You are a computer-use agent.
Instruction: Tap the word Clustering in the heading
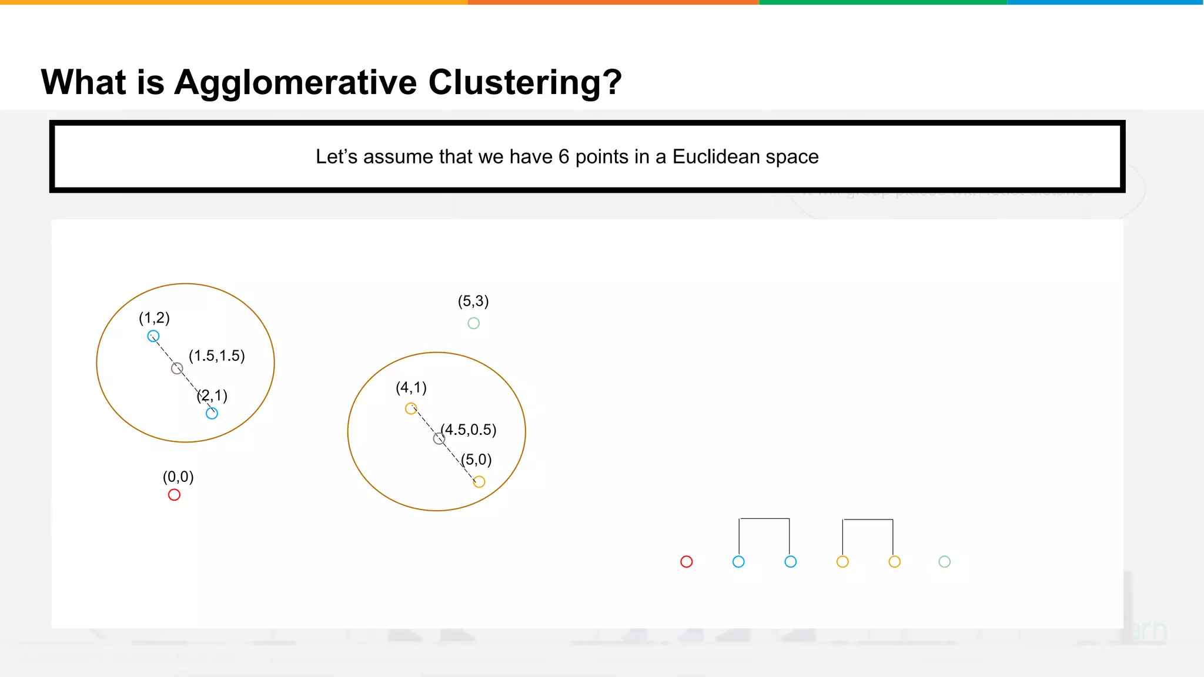(524, 82)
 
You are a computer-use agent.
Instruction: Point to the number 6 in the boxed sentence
(564, 157)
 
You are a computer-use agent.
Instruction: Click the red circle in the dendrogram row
(686, 562)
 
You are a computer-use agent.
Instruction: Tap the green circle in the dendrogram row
(944, 562)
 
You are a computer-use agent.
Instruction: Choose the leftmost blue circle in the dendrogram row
(738, 562)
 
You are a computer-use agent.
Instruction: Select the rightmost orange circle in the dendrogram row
(894, 562)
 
